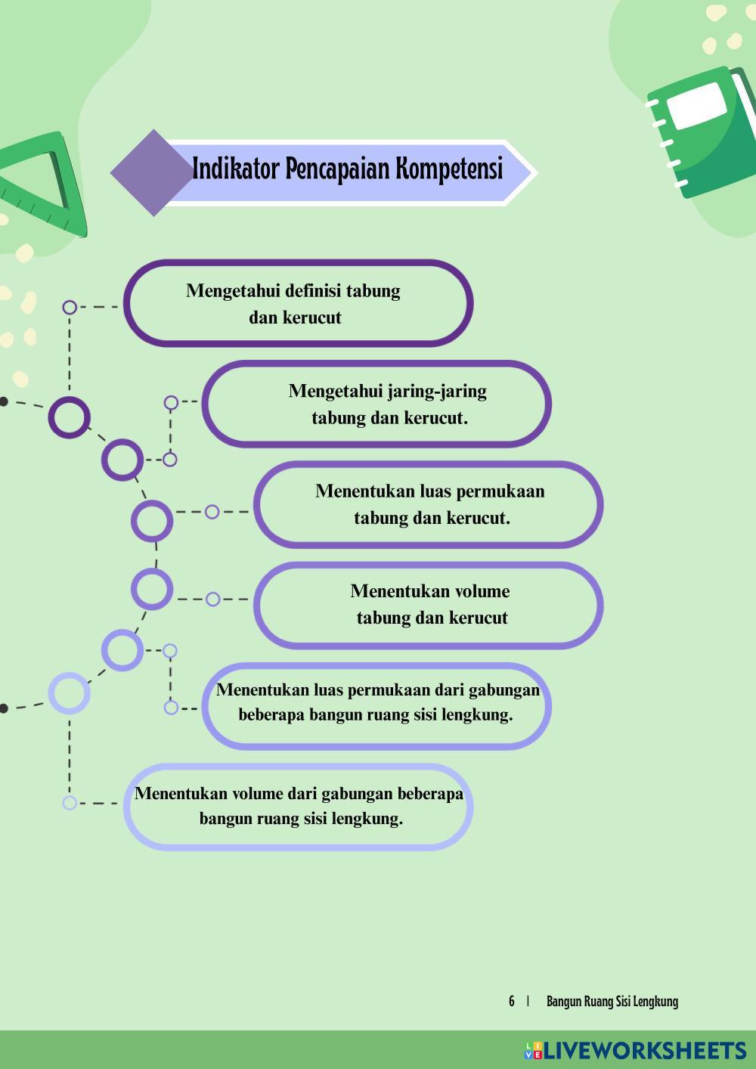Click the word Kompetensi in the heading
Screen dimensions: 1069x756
pos(450,169)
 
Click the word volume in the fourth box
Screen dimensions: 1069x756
pos(482,591)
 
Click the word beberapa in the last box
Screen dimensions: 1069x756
pos(429,794)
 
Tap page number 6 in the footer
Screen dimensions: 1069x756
pos(512,1002)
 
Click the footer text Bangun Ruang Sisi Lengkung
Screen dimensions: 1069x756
pos(612,1002)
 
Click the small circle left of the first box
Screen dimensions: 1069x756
pos(70,307)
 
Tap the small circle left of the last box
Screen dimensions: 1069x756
pos(70,803)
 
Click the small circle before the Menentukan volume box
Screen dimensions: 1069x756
pos(212,600)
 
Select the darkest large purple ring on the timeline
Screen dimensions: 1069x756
pos(69,417)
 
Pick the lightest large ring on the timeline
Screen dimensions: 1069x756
pos(69,693)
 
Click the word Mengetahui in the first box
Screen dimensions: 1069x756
pos(233,291)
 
